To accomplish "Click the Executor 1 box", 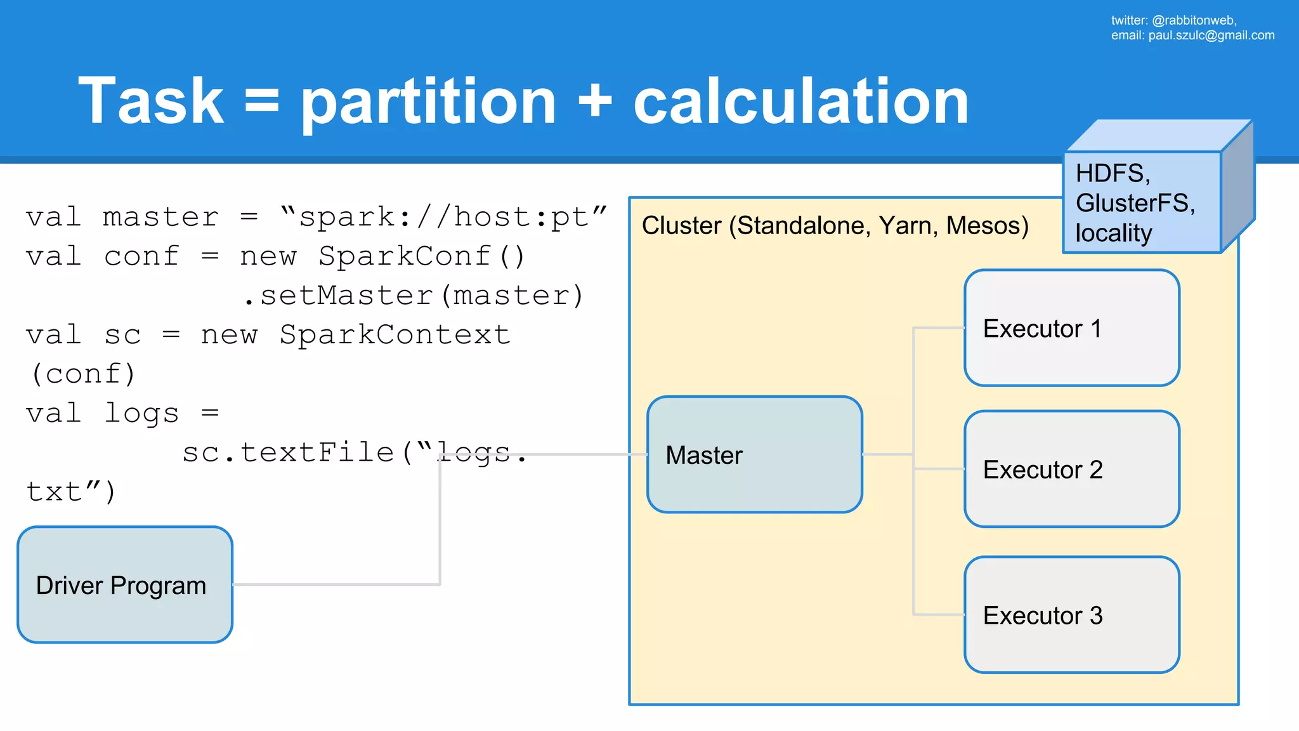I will point(1071,328).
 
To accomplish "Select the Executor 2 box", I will point(1071,469).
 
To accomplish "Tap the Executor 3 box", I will point(1071,615).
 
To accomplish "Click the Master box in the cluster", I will point(754,454).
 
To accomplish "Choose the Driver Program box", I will point(125,584).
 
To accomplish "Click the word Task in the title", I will point(151,102).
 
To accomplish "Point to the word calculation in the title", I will point(800,102).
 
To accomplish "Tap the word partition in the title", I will point(428,102).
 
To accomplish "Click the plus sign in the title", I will point(594,102).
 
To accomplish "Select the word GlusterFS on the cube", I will point(1135,203).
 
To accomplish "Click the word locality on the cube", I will point(1113,233).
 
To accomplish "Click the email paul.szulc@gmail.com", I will point(1211,36).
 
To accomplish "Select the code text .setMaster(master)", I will point(414,296).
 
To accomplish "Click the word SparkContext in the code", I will point(395,335).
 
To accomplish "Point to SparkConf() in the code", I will point(422,257).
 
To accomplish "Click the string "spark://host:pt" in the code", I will point(443,218).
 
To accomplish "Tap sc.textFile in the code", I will point(288,453).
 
